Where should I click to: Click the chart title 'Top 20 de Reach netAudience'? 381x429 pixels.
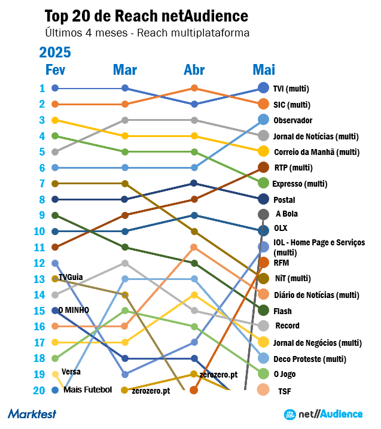(x=146, y=16)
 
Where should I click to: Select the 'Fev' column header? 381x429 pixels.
(x=55, y=70)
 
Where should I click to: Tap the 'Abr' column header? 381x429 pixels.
(x=194, y=70)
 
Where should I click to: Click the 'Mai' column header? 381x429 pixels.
(x=264, y=70)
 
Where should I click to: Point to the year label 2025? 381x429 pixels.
(x=55, y=53)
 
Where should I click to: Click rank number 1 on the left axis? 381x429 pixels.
(x=42, y=89)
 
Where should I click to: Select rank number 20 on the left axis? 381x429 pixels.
(x=39, y=390)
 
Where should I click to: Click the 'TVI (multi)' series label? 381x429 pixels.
(x=291, y=89)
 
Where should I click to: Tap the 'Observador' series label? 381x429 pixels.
(x=292, y=120)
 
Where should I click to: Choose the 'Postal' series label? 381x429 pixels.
(x=284, y=200)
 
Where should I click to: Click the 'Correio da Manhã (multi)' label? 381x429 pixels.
(x=316, y=152)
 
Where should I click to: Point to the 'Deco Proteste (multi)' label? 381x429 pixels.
(x=308, y=359)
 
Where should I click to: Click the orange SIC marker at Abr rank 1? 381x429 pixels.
(x=194, y=88)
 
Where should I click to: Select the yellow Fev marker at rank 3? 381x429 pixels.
(x=55, y=120)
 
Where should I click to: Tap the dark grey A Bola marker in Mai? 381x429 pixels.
(x=263, y=214)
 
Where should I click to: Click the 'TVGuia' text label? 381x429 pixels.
(x=71, y=277)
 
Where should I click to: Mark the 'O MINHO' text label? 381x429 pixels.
(x=74, y=310)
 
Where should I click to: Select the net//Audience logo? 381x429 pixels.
(x=323, y=414)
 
